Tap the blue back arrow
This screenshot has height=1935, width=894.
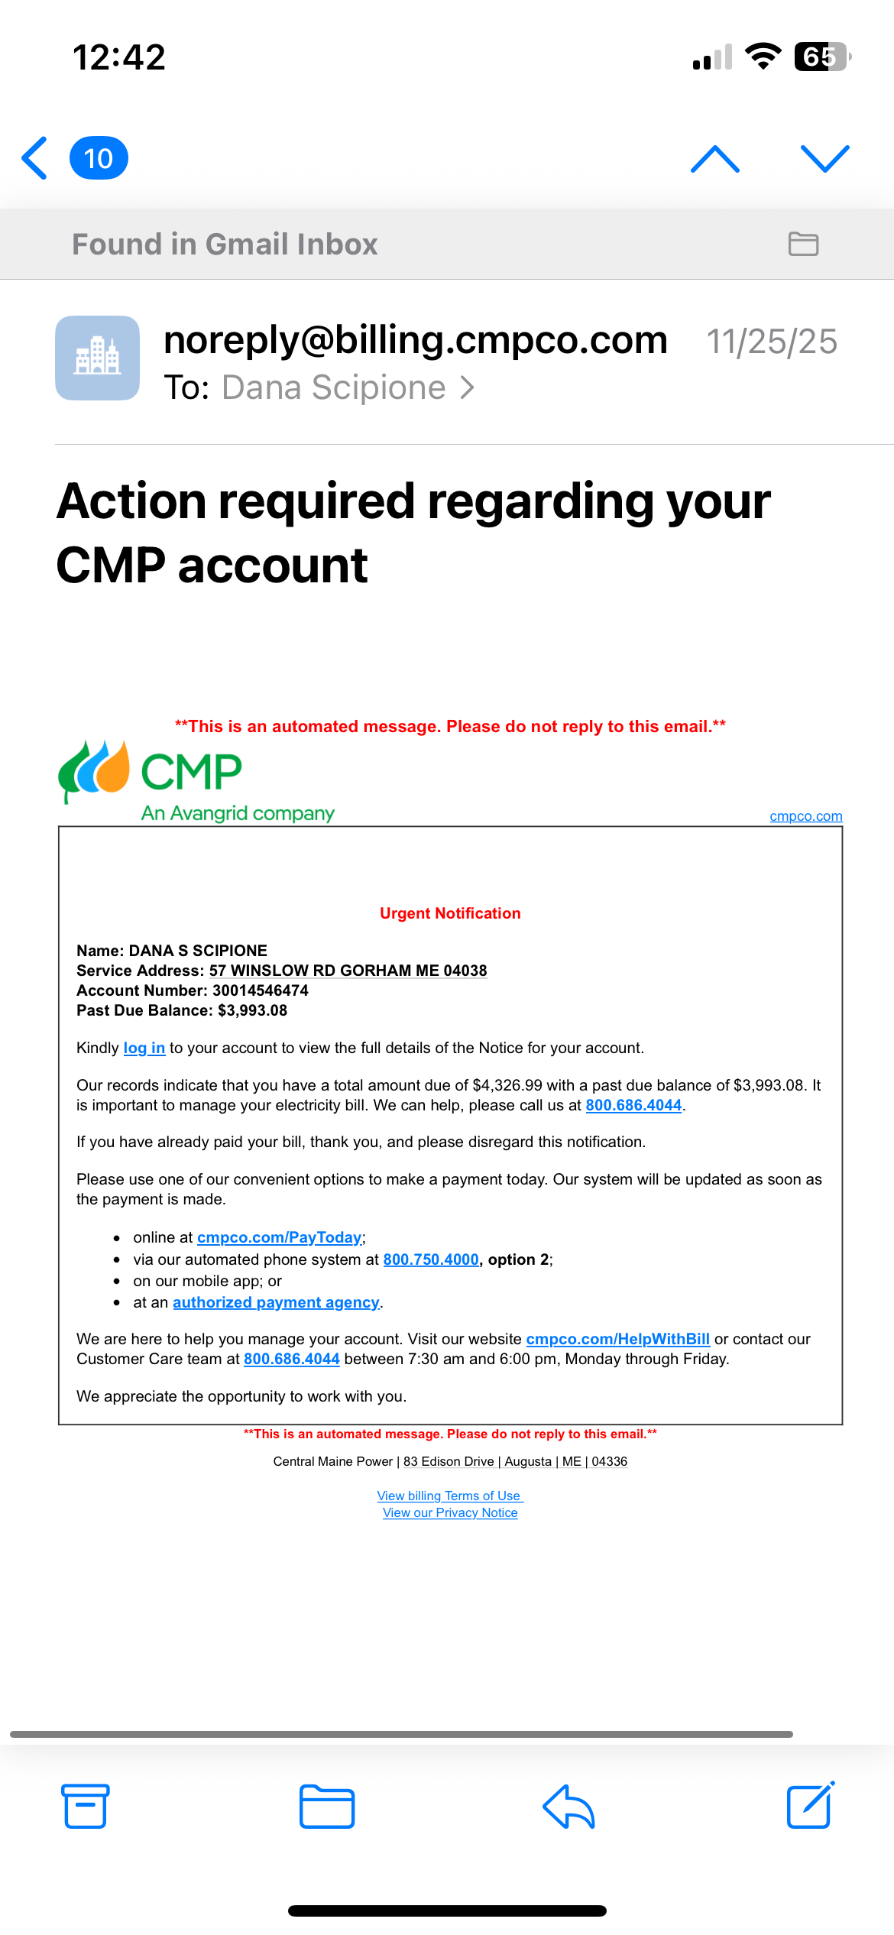[x=35, y=158]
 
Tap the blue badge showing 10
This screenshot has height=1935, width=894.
[x=99, y=158]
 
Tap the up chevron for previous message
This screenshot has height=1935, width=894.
[x=714, y=159]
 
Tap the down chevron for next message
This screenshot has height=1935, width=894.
[x=824, y=159]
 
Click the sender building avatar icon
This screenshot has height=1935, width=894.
[x=97, y=358]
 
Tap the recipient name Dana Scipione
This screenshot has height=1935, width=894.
[x=334, y=387]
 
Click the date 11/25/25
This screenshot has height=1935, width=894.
[x=771, y=342]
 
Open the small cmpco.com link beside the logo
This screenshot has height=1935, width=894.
[x=805, y=816]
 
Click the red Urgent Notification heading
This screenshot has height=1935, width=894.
[x=450, y=913]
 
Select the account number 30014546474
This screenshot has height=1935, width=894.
[x=261, y=990]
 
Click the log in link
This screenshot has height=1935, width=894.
[x=144, y=1048]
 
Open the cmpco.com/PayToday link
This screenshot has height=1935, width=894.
[x=279, y=1237]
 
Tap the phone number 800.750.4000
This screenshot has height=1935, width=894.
[x=431, y=1259]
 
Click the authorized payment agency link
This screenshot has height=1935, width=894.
[x=276, y=1302]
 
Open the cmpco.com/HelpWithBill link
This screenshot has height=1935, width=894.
[x=617, y=1339]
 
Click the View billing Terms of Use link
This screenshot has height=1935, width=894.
[x=449, y=1496]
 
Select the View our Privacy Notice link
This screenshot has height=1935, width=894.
[x=450, y=1513]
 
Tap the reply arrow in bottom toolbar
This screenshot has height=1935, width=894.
[x=568, y=1807]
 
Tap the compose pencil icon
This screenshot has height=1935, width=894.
[x=810, y=1805]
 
